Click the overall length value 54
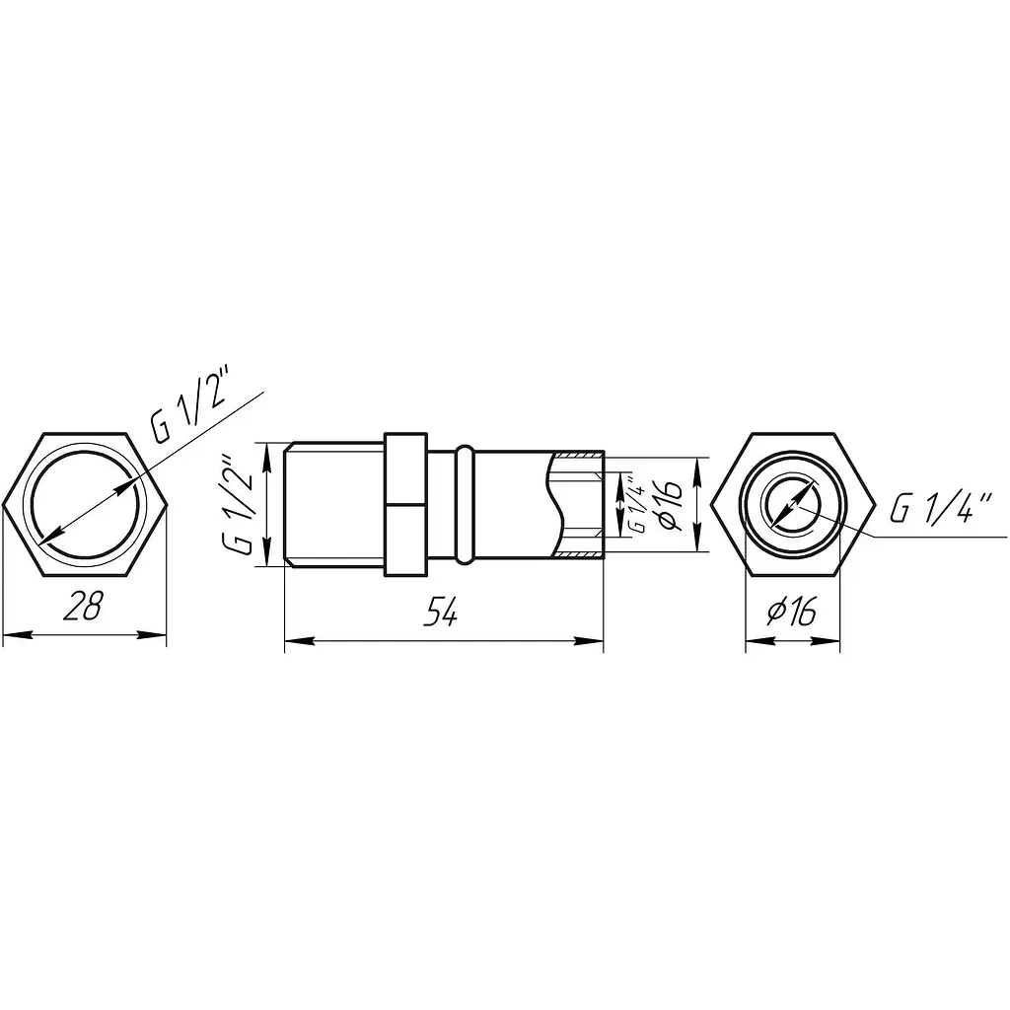click(441, 611)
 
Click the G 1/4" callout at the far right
click(939, 507)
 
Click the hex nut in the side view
click(405, 504)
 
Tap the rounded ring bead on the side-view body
click(465, 505)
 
